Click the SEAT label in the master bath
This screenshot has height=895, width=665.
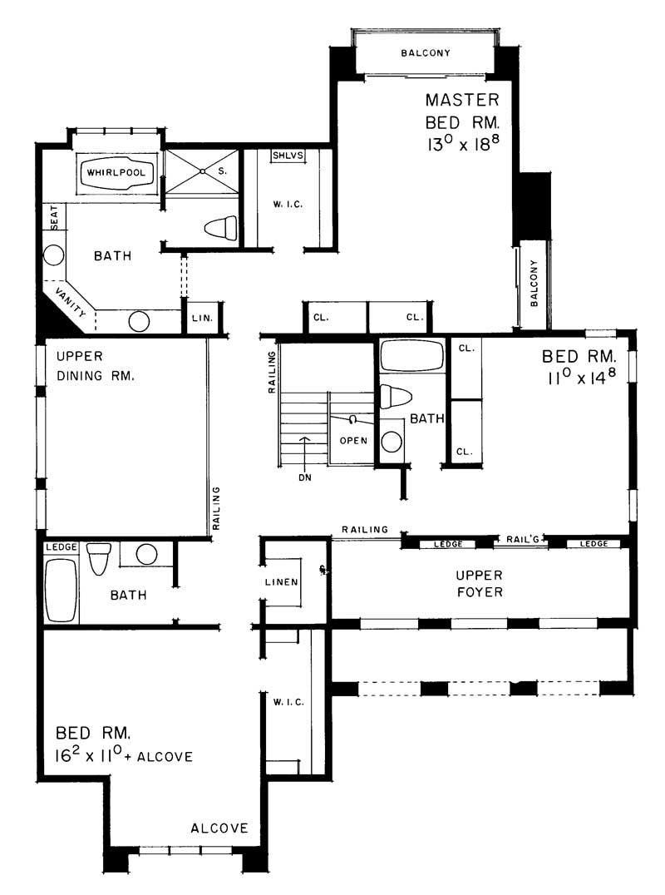54,218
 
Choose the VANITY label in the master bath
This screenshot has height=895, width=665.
70,301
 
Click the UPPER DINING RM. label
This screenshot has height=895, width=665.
95,365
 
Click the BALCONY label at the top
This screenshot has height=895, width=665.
426,53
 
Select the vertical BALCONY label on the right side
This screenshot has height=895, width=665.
534,283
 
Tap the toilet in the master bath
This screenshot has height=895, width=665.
220,226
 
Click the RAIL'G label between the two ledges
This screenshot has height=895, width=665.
522,540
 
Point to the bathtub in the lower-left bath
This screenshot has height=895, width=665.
61,591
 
